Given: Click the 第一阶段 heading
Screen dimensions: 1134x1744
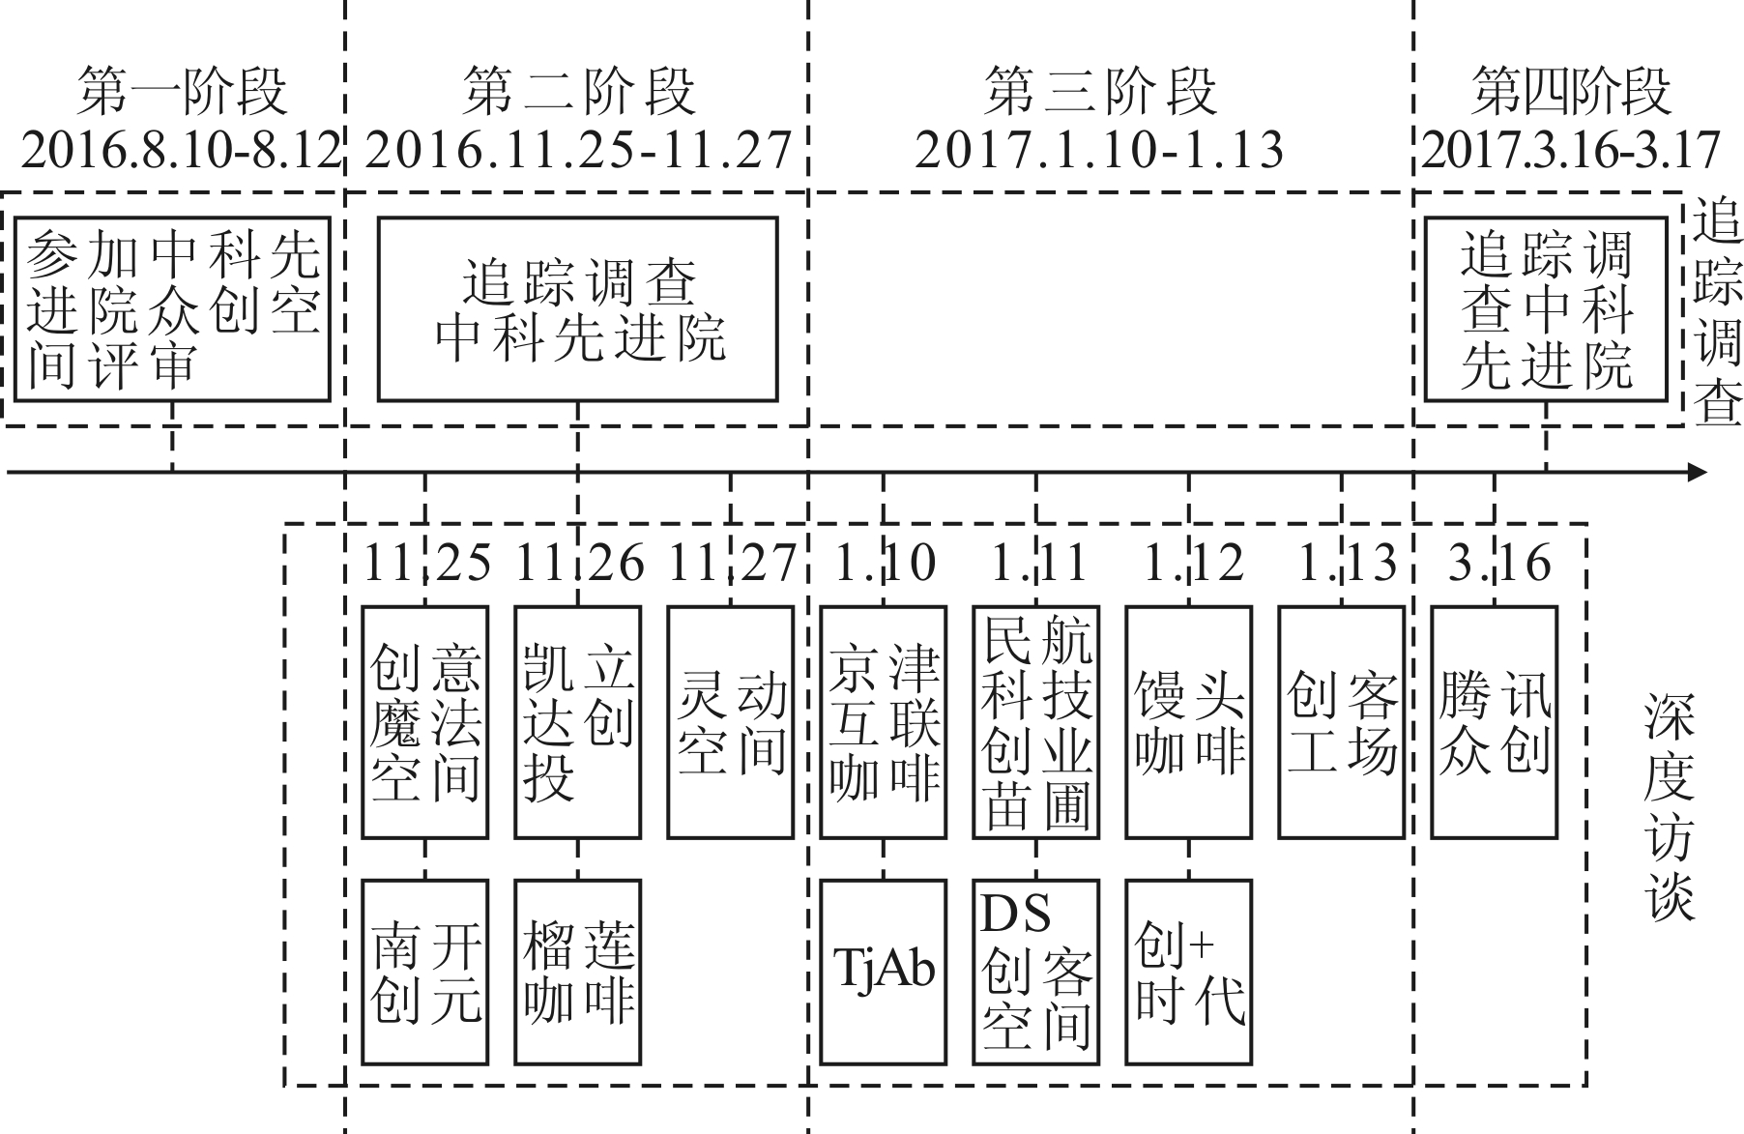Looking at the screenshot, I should click(x=182, y=92).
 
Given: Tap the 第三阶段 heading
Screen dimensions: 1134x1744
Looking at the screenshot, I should click(x=1100, y=92).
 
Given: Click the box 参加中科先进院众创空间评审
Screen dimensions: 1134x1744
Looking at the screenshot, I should click(x=173, y=308).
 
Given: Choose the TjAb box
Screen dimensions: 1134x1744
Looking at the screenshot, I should click(x=883, y=971).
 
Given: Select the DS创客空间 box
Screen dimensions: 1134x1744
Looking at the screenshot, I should click(x=1036, y=971).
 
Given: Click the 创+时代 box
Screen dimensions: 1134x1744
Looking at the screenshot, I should click(x=1189, y=971).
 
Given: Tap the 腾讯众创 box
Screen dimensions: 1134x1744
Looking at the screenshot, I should click(x=1495, y=722).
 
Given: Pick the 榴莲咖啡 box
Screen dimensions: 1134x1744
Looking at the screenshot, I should click(x=577, y=971).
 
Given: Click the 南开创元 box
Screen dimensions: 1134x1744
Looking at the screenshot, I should click(x=424, y=971).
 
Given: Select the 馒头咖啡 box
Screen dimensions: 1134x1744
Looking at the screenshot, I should click(x=1189, y=722).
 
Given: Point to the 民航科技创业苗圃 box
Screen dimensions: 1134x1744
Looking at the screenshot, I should click(x=1036, y=722).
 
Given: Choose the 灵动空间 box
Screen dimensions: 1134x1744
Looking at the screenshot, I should click(x=731, y=722).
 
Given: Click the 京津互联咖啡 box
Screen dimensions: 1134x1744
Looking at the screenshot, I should click(x=883, y=722).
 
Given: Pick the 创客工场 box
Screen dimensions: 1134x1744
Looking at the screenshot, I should click(x=1342, y=722).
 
